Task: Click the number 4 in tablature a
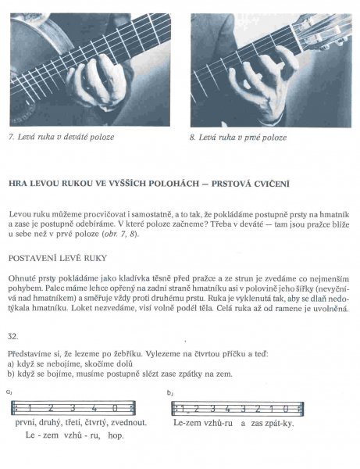click(94, 408)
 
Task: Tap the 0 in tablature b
click(286, 409)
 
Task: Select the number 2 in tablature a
click(51, 408)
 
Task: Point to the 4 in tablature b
click(228, 409)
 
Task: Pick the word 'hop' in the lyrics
click(116, 435)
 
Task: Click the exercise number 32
click(12, 336)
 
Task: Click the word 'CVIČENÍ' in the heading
click(272, 184)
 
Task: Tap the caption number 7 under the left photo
click(12, 137)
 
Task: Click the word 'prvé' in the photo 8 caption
click(251, 138)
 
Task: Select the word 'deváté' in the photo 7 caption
click(73, 137)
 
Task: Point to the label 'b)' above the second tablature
click(170, 393)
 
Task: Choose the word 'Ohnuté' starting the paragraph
click(21, 278)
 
